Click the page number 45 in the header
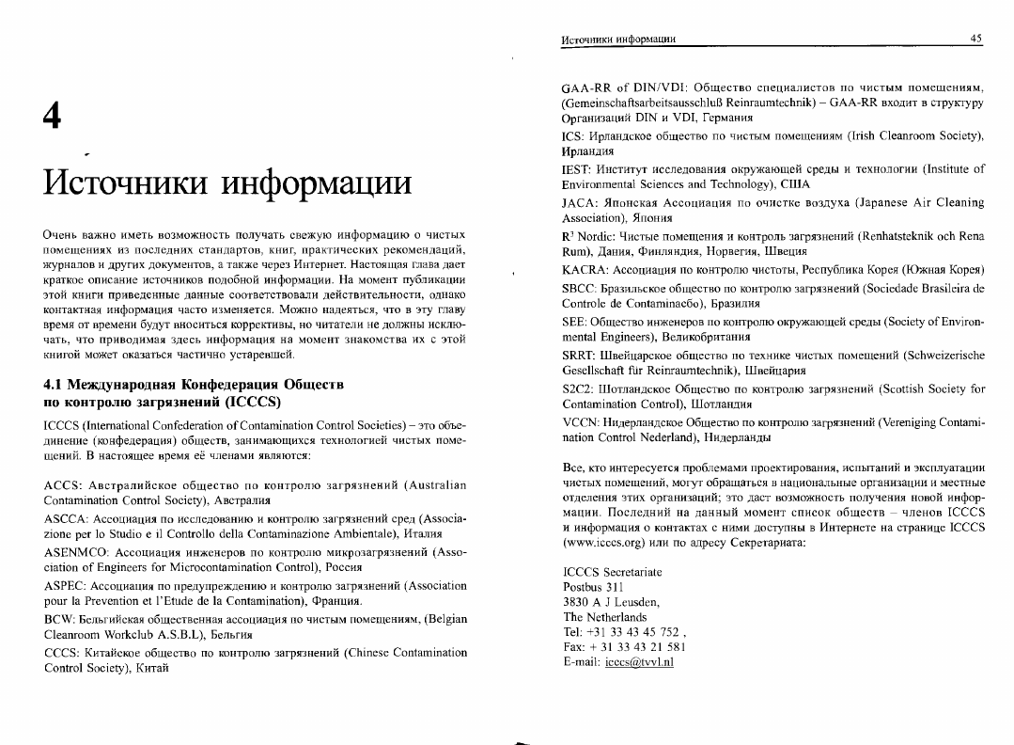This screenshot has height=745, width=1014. [976, 39]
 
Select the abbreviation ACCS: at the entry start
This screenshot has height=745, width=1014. [63, 485]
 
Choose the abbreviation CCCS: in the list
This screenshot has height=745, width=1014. [64, 652]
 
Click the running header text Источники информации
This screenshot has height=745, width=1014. [619, 39]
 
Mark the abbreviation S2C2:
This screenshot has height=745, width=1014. [580, 388]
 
